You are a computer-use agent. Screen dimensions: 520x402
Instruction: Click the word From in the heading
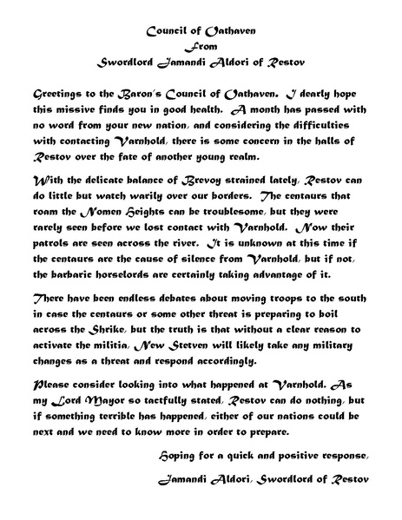[x=200, y=46]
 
